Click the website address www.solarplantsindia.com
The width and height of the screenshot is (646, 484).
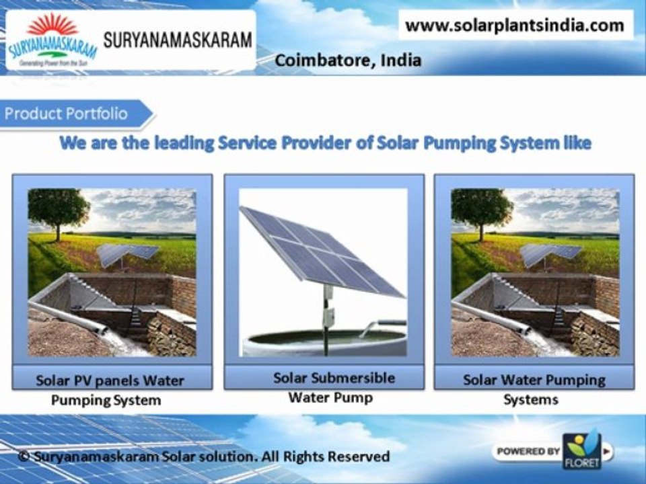pos(515,26)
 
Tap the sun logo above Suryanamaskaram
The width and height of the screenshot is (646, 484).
pos(52,27)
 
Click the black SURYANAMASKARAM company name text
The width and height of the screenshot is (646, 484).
pos(178,39)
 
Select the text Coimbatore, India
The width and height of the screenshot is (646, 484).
pos(348,61)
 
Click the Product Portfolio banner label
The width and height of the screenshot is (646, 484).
pos(66,113)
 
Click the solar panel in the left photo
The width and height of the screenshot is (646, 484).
pos(127,253)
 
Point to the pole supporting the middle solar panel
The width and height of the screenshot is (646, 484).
pos(328,316)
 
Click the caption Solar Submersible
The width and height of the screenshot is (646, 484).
pos(324,378)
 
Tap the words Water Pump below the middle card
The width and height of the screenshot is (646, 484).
pos(330,397)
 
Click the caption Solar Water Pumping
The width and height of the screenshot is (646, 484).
pos(534,380)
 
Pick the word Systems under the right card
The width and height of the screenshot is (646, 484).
pos(531,399)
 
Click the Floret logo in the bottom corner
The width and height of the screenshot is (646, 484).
pos(582,448)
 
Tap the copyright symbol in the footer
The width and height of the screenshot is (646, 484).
pos(24,457)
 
